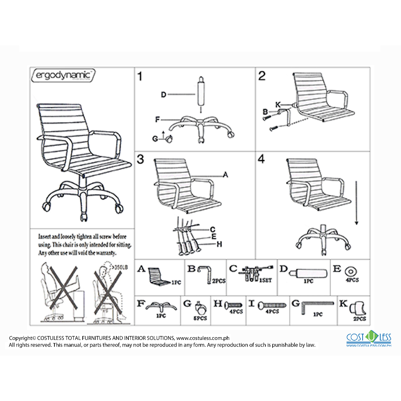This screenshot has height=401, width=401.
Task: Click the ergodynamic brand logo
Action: click(x=62, y=75)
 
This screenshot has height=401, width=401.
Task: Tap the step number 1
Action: click(x=140, y=76)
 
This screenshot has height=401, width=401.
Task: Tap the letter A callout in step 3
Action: click(x=225, y=175)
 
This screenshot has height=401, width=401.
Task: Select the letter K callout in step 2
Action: click(x=278, y=105)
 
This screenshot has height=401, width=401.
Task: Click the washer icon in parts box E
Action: click(x=349, y=271)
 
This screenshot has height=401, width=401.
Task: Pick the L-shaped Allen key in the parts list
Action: click(x=317, y=307)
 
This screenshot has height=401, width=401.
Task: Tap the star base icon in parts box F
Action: click(x=159, y=307)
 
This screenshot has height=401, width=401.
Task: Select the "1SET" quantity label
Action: click(x=266, y=280)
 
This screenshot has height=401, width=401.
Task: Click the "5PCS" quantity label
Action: click(x=200, y=318)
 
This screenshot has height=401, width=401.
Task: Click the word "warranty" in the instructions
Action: click(x=105, y=253)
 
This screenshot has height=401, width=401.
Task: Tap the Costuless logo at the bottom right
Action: click(x=369, y=339)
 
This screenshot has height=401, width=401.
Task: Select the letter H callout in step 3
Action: click(x=219, y=244)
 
